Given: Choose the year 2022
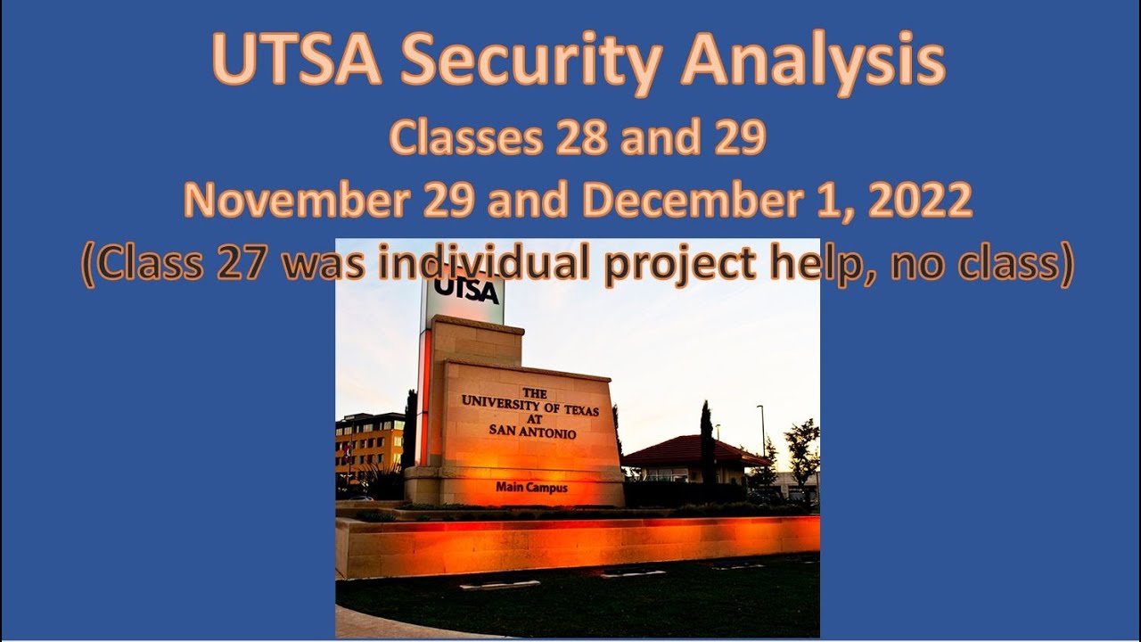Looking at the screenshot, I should pyautogui.click(x=919, y=202).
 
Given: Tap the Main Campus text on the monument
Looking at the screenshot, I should pyautogui.click(x=531, y=488).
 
